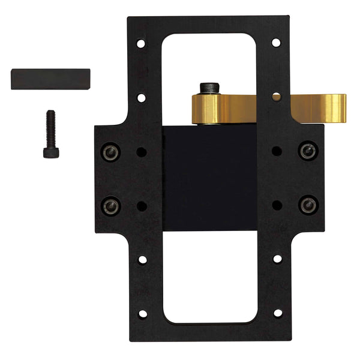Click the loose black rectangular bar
point(50,79)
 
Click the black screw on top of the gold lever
point(208,89)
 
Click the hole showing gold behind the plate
point(276,97)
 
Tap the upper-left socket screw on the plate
point(110,152)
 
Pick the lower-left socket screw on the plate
point(110,206)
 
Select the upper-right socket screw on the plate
point(308,151)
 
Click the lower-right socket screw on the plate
point(308,205)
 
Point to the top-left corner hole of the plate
point(140,44)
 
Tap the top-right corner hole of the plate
point(276,43)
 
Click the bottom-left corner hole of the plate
point(142,313)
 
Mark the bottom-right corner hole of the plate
point(277,313)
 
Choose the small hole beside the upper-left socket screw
point(142,152)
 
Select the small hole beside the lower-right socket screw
point(277,205)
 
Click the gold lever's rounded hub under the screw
point(208,109)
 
